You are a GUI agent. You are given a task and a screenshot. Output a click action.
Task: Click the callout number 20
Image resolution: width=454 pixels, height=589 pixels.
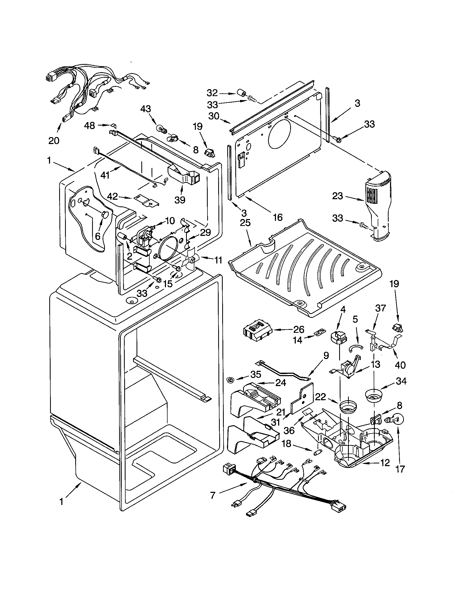pos(54,141)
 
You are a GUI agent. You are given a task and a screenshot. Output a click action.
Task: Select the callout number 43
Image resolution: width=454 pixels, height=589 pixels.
pos(146,109)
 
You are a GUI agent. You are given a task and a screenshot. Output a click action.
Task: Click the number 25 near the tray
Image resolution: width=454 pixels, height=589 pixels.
pos(245,223)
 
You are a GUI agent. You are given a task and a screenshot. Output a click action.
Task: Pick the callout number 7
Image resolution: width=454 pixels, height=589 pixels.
pos(213,496)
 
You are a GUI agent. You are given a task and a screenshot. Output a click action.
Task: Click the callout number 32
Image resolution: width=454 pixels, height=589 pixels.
pos(212,93)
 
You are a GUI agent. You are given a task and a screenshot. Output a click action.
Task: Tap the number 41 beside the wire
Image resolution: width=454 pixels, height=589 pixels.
pos(105,175)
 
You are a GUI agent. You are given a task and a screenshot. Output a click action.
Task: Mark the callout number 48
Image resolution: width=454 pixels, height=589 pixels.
pos(89,125)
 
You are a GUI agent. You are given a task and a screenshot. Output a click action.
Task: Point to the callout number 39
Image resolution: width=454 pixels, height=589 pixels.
pos(180,200)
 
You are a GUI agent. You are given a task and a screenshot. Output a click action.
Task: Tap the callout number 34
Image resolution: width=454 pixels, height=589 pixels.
pos(401,381)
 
